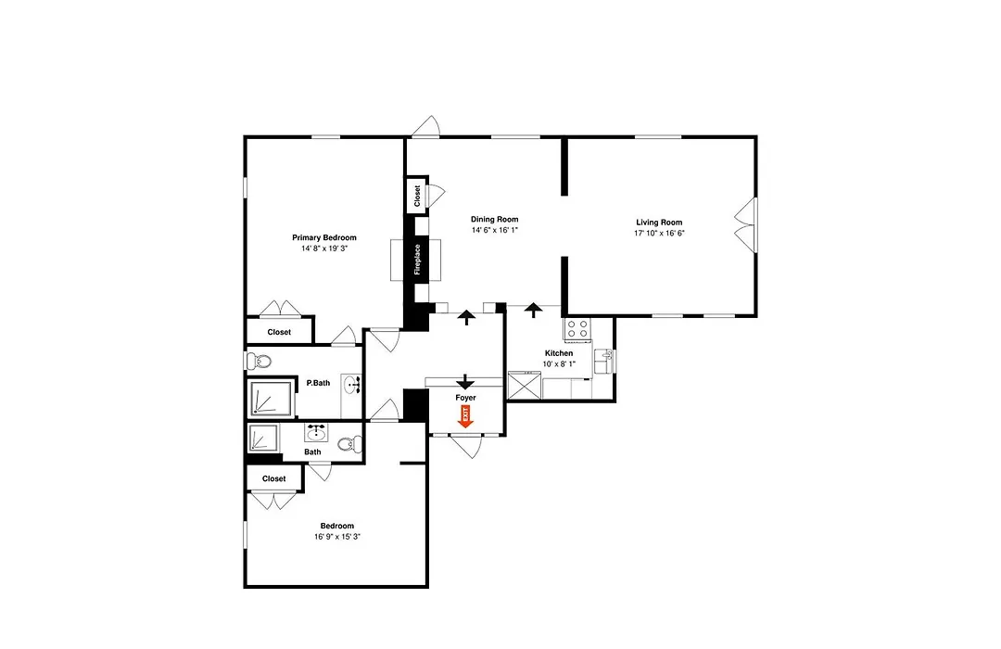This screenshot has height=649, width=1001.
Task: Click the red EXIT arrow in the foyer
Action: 465,416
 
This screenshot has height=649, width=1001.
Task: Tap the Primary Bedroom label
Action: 324,237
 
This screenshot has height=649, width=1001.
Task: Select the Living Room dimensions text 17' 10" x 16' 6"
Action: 659,233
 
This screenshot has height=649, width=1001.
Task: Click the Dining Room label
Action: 494,219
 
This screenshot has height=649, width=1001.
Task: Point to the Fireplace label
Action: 417,260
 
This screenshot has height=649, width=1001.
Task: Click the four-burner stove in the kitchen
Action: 577,329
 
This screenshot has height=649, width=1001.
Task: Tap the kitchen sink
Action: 603,361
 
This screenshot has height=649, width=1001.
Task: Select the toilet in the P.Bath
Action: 260,362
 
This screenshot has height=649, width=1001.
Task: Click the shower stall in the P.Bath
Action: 272,398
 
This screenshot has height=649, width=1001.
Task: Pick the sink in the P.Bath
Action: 351,385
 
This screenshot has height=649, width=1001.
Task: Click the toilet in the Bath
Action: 348,445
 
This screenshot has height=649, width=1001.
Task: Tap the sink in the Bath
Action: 316,433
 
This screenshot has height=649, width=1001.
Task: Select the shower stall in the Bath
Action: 264,439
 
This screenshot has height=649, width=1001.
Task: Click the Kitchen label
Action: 559,353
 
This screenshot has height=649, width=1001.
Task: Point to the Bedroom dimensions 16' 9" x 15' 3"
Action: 337,537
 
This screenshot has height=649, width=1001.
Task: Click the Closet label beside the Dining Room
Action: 417,196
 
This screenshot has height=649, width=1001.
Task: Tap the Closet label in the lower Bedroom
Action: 273,478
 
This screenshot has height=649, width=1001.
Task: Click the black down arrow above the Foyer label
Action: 465,381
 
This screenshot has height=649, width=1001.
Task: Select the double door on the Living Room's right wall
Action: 745,224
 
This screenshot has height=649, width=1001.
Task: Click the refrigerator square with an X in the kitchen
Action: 524,385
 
